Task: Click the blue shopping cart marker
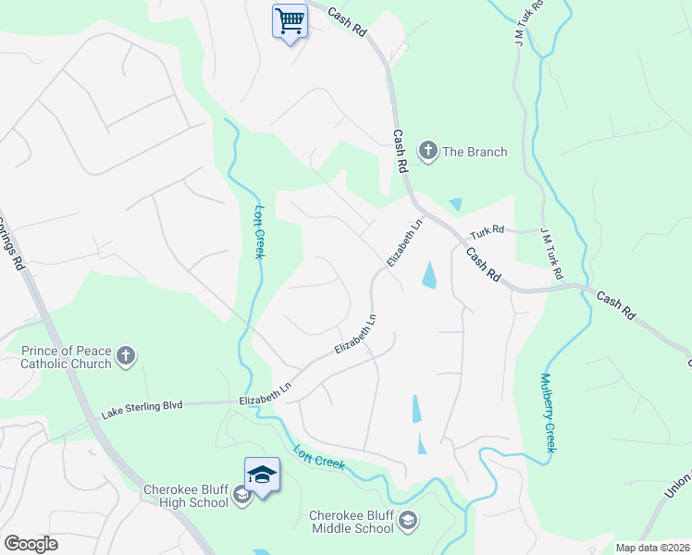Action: click(290, 20)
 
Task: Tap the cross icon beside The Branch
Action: click(427, 151)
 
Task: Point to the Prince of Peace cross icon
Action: click(127, 356)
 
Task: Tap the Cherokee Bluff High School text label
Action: click(185, 496)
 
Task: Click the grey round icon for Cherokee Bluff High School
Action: click(241, 497)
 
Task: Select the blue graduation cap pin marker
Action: click(262, 475)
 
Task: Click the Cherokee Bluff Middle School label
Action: click(351, 522)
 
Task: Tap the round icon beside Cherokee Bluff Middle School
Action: click(407, 523)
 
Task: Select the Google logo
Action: click(31, 544)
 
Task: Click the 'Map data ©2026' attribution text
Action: click(651, 548)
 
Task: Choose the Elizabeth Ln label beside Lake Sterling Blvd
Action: click(265, 394)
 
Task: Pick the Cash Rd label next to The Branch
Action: click(401, 151)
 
